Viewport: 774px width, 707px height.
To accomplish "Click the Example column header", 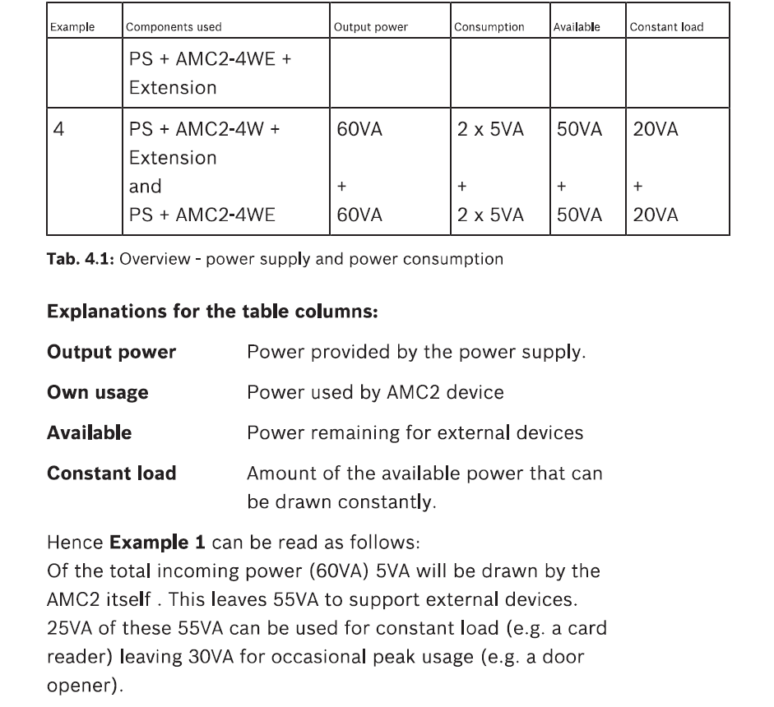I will [72, 27].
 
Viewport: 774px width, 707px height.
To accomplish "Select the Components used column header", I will [174, 27].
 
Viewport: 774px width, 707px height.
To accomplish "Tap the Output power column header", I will [370, 27].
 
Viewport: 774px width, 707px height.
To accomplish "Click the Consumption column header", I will [489, 27].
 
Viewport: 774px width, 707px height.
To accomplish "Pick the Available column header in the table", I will [577, 27].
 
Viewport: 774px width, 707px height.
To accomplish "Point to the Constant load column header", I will [666, 27].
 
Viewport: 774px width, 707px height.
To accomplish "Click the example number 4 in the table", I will [58, 130].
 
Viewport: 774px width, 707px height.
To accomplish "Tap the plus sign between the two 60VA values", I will [341, 187].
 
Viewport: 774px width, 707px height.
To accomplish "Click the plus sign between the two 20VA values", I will [638, 187].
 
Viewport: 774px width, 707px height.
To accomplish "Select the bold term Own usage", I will [98, 392].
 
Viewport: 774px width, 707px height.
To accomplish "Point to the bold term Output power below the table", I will [111, 353].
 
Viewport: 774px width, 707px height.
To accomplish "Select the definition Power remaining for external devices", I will [415, 432].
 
